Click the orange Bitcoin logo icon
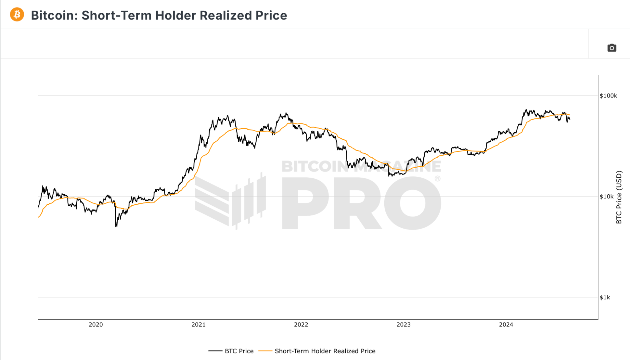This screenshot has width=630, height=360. [17, 15]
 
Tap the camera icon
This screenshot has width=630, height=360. [611, 48]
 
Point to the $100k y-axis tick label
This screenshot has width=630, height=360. [608, 96]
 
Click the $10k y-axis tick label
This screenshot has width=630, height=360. [606, 197]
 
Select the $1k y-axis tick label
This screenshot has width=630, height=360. [604, 297]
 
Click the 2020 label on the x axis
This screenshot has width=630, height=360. [95, 325]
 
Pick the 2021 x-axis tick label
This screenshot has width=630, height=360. [198, 325]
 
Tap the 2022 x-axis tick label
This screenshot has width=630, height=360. [301, 325]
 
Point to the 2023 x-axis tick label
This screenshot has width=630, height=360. [403, 325]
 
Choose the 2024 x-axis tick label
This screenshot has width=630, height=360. [506, 325]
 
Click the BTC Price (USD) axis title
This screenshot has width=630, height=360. [619, 197]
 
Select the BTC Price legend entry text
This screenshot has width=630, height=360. [239, 351]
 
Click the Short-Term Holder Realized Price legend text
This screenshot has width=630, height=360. [325, 351]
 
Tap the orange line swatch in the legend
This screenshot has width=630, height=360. [265, 351]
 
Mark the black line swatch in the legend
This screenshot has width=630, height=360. [215, 351]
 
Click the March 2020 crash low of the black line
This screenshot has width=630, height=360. [116, 226]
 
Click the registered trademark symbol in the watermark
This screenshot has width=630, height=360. [437, 179]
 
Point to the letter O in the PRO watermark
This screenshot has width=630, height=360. [413, 203]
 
